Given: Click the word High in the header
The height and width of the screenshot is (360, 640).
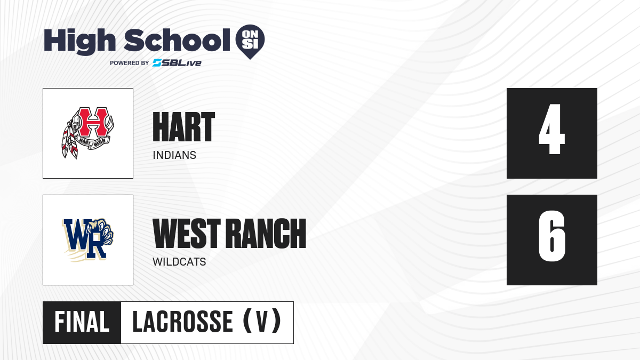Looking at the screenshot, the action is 79,42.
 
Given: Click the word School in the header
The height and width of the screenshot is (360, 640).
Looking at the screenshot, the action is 177,40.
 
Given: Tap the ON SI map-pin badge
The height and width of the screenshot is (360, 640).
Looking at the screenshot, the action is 250,42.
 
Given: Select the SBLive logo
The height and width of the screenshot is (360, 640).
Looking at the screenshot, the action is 177,62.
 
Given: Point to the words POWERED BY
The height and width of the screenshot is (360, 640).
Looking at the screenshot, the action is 130,63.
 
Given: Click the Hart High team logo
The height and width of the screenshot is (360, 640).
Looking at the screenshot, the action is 87,133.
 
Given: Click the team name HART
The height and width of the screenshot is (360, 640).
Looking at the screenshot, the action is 183,126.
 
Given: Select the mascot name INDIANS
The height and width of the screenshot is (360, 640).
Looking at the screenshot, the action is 174,155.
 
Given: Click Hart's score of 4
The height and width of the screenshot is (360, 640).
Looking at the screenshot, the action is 551,129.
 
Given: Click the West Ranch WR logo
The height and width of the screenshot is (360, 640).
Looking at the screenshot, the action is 87,239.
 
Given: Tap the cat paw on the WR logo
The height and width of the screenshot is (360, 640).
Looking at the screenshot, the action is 102,231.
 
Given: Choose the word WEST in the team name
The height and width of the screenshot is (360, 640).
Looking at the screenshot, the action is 187,233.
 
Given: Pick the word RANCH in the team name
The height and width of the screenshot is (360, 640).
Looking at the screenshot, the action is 266,233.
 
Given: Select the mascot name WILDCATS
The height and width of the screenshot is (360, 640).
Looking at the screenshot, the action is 179,262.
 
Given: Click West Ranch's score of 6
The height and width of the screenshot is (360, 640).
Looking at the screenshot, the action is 551,236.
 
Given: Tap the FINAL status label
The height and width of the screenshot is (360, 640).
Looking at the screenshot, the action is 82,322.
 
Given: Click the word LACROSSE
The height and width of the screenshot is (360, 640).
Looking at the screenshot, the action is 183,322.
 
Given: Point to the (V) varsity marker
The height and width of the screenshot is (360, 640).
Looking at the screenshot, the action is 262,321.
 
